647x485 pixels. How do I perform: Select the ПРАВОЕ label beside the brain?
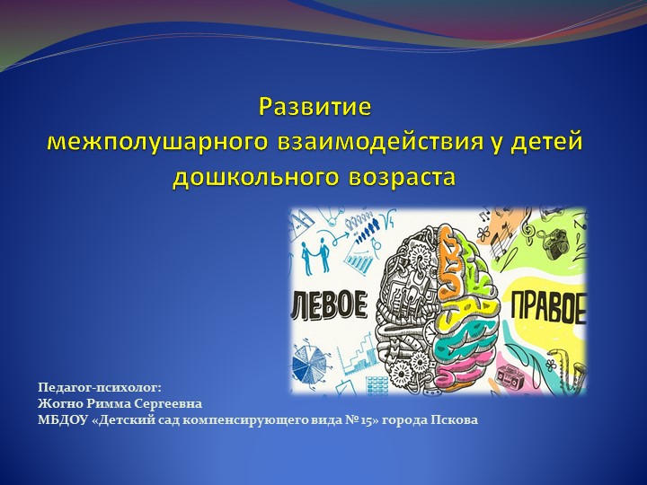pyautogui.click(x=548, y=308)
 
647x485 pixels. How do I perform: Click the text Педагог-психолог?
pyautogui.click(x=99, y=387)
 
